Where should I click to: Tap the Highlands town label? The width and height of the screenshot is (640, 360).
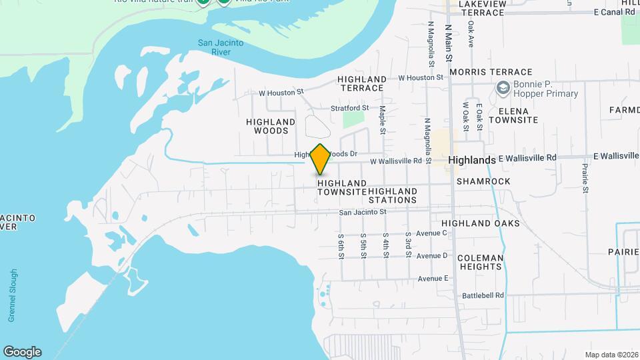click(472, 161)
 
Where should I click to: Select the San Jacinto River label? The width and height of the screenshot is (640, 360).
click(221, 47)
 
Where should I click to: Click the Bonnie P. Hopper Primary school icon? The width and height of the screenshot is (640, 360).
click(503, 88)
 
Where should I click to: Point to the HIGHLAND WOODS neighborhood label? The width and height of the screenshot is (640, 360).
click(271, 126)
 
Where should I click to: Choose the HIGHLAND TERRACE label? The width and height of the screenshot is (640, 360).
click(361, 83)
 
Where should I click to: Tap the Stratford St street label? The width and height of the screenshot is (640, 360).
click(350, 107)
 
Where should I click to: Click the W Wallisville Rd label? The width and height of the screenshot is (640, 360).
click(396, 161)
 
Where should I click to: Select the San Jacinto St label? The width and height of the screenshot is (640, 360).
click(363, 212)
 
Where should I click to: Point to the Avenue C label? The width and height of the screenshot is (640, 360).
click(431, 233)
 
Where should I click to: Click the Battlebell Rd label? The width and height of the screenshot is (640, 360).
click(483, 295)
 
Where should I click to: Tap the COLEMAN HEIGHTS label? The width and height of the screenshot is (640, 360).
click(481, 262)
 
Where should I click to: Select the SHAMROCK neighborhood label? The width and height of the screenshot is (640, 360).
click(483, 181)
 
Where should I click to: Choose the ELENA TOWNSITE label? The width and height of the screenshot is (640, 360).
click(513, 115)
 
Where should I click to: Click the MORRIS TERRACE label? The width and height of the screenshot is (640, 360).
click(491, 72)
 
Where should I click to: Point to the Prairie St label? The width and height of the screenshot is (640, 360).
click(585, 179)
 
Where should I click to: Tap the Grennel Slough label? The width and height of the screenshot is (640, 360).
click(13, 295)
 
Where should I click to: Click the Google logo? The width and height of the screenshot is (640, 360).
click(22, 352)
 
